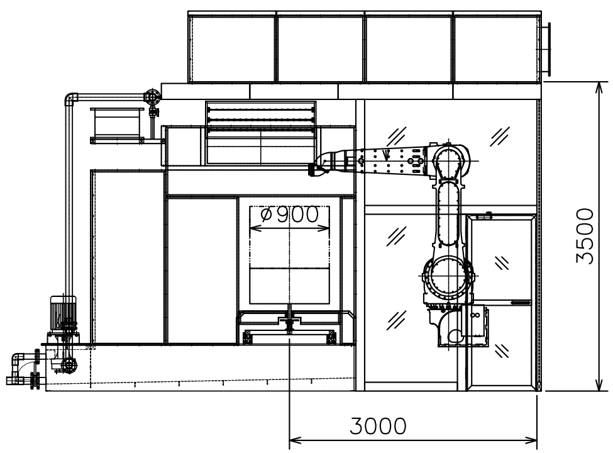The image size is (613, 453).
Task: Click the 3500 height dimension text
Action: click(585, 236)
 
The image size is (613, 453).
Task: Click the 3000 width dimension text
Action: click(378, 426)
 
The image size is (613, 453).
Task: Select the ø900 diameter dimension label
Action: click(289, 215)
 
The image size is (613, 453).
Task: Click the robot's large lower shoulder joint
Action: click(448, 276)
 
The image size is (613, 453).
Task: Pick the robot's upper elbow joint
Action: click(449, 161)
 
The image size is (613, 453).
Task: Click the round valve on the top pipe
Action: click(152, 96)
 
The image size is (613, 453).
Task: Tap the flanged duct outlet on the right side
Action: click(546, 49)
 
